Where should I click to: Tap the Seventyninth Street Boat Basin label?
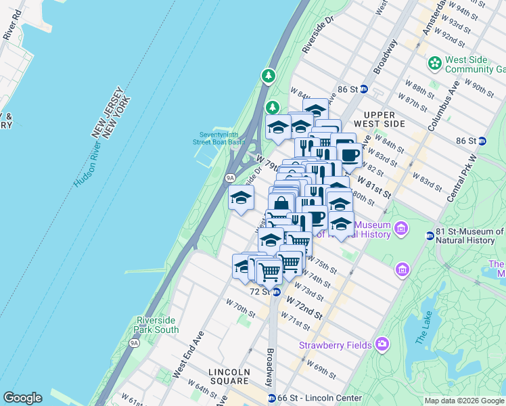pos(221,138)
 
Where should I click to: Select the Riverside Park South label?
pos(158,325)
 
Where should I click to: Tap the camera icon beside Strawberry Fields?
pos(382,344)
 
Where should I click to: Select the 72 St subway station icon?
pos(276,292)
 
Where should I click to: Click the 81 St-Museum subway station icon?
pos(430,235)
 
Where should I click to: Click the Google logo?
pos(22,397)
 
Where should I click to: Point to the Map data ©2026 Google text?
pos(463,401)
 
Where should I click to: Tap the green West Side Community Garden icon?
pos(434,64)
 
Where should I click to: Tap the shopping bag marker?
pos(281,204)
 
